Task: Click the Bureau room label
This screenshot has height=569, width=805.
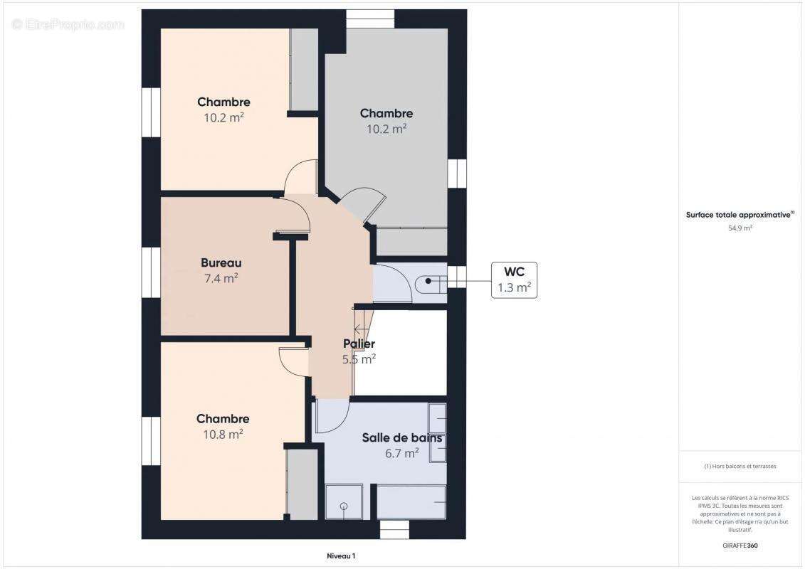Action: pyautogui.click(x=221, y=263)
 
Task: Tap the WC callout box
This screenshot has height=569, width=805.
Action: pyautogui.click(x=514, y=280)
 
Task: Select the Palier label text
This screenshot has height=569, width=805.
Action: pyautogui.click(x=359, y=344)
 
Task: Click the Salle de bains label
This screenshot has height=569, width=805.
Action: pyautogui.click(x=401, y=438)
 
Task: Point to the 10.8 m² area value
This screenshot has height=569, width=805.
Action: pyautogui.click(x=223, y=434)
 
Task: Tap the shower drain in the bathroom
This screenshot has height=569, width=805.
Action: pyautogui.click(x=344, y=506)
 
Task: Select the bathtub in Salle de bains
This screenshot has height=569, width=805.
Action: pyautogui.click(x=411, y=501)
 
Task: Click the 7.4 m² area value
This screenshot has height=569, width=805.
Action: pyautogui.click(x=221, y=279)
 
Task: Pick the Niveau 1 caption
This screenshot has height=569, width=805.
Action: pyautogui.click(x=340, y=556)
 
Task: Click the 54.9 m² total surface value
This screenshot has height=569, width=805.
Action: pyautogui.click(x=740, y=228)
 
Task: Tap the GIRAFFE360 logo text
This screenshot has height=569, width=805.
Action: pyautogui.click(x=740, y=546)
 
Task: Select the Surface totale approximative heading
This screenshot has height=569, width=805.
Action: pyautogui.click(x=740, y=214)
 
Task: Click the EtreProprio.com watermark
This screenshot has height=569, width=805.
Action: pyautogui.click(x=68, y=24)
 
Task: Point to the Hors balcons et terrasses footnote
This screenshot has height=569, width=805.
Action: pyautogui.click(x=740, y=467)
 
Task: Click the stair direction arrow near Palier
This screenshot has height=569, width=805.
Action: pyautogui.click(x=361, y=328)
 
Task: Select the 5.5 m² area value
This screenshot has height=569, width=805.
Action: pyautogui.click(x=359, y=360)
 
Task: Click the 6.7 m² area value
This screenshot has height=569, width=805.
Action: pyautogui.click(x=401, y=454)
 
